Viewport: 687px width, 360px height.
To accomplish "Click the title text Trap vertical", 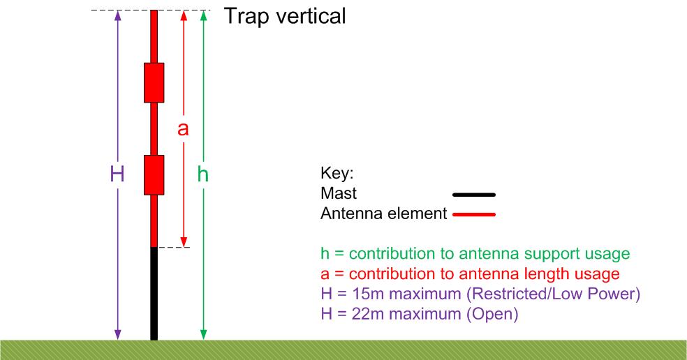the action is click(285, 17).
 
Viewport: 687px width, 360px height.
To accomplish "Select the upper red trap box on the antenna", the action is click(154, 83).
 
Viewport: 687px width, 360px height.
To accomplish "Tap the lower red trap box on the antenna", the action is click(154, 174).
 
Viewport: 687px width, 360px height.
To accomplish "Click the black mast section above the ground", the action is click(154, 294).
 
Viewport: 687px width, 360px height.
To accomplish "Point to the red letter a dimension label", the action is click(183, 129).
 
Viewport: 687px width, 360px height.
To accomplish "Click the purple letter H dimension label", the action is click(117, 174).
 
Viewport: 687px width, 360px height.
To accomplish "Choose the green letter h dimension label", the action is click(203, 174).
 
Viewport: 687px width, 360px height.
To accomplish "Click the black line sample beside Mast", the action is click(474, 195).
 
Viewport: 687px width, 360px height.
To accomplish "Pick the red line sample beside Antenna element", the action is click(474, 215).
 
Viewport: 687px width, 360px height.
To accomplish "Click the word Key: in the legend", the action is click(337, 174).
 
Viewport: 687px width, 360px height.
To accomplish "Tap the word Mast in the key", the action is click(339, 193).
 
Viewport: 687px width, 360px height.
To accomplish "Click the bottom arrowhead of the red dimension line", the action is click(184, 242).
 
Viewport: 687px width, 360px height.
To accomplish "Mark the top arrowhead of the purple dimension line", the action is click(117, 16).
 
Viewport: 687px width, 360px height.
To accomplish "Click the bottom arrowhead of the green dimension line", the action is click(203, 335).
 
